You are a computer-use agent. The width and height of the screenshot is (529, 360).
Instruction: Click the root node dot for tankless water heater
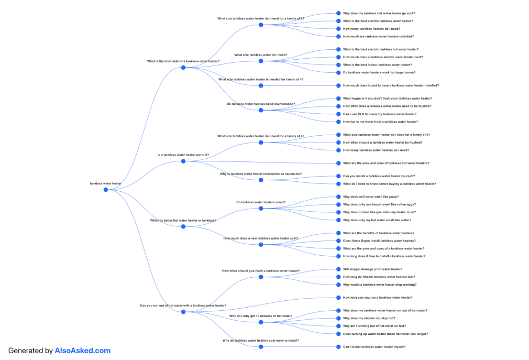click(105, 190)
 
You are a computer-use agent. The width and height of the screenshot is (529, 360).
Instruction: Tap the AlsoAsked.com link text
click(83, 351)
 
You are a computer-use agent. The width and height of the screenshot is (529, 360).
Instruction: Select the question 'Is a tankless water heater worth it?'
click(183, 155)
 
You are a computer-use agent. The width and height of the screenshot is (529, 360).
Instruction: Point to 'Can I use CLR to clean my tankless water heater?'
click(380, 114)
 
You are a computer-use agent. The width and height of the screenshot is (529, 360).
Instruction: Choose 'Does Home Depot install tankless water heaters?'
click(379, 241)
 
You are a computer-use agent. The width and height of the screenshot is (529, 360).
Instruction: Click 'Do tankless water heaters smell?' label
click(261, 202)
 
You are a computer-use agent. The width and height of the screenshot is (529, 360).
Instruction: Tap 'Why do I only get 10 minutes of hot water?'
click(261, 316)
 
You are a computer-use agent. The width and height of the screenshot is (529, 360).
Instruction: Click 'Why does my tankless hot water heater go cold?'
click(379, 13)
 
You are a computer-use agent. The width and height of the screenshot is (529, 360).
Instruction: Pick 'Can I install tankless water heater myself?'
click(374, 346)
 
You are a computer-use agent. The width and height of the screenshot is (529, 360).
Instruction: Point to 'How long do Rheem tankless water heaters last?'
click(379, 277)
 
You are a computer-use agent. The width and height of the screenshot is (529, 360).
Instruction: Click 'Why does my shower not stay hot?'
click(369, 318)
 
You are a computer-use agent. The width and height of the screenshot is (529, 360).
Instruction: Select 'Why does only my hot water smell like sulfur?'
click(377, 220)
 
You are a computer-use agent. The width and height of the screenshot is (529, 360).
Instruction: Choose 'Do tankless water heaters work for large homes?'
click(379, 72)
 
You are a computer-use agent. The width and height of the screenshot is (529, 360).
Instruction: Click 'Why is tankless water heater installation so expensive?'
click(261, 173)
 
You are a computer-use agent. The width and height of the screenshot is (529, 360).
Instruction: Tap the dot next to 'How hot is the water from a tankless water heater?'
click(338, 122)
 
